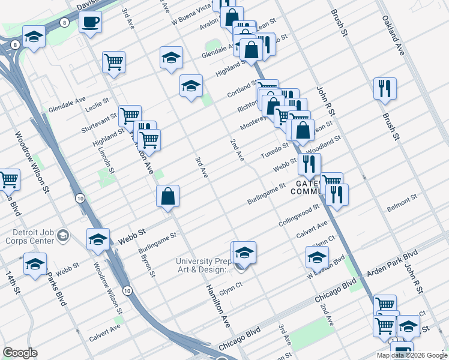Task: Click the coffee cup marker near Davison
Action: (x=90, y=23)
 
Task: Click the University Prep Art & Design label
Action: (x=203, y=265)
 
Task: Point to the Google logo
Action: (x=20, y=353)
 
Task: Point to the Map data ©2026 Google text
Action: (x=411, y=355)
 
